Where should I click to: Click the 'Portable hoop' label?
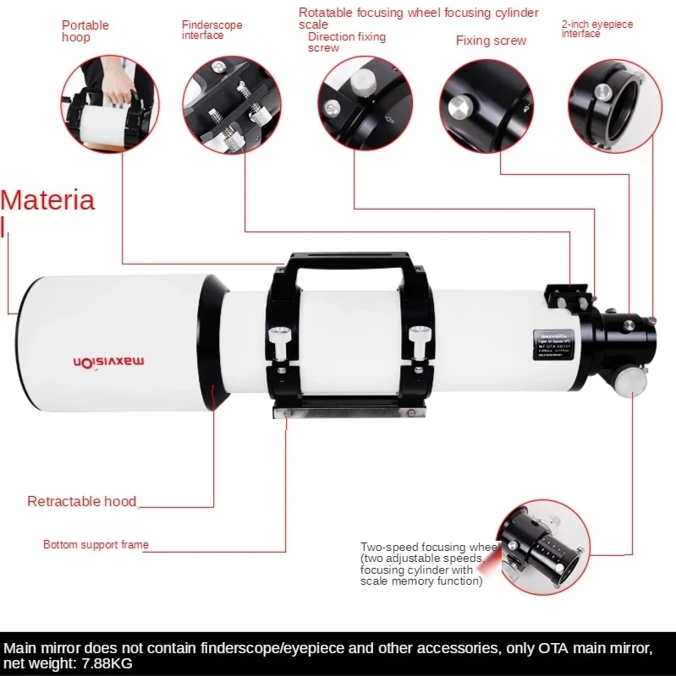pos(85,31)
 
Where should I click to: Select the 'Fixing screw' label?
pos(491,41)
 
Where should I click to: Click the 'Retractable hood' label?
pos(81,501)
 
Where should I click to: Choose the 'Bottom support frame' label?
pos(96,545)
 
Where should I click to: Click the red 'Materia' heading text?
pos(47,201)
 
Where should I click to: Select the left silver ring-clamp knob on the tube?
pos(278,338)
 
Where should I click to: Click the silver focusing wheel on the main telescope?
pos(630,382)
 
